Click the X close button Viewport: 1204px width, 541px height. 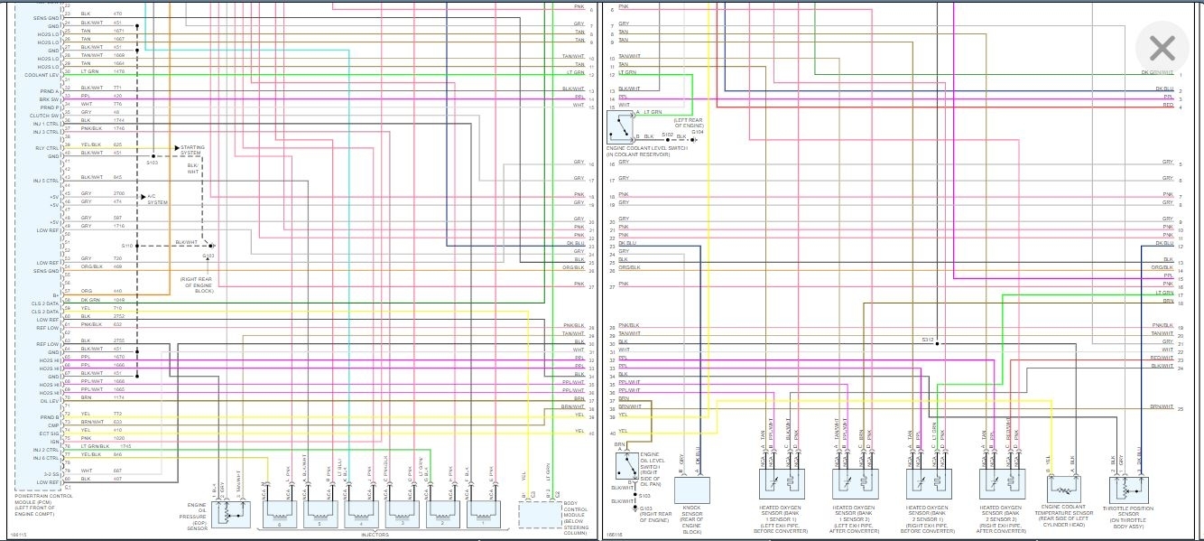click(1162, 48)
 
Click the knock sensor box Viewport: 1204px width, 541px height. click(692, 490)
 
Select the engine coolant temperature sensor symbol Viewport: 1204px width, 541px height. click(1061, 487)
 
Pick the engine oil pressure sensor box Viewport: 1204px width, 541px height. click(237, 512)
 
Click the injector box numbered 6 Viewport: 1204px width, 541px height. click(279, 513)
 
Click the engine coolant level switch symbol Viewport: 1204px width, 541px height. click(622, 125)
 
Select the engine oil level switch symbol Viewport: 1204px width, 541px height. click(627, 466)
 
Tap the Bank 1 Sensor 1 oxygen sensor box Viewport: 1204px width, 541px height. click(782, 484)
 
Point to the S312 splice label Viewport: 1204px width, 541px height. click(927, 340)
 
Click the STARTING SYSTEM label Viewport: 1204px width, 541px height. click(192, 150)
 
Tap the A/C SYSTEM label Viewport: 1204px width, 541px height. click(158, 199)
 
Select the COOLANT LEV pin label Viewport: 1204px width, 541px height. click(43, 75)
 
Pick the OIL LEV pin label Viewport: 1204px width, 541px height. click(50, 402)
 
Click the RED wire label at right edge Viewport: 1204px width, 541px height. click(1168, 106)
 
